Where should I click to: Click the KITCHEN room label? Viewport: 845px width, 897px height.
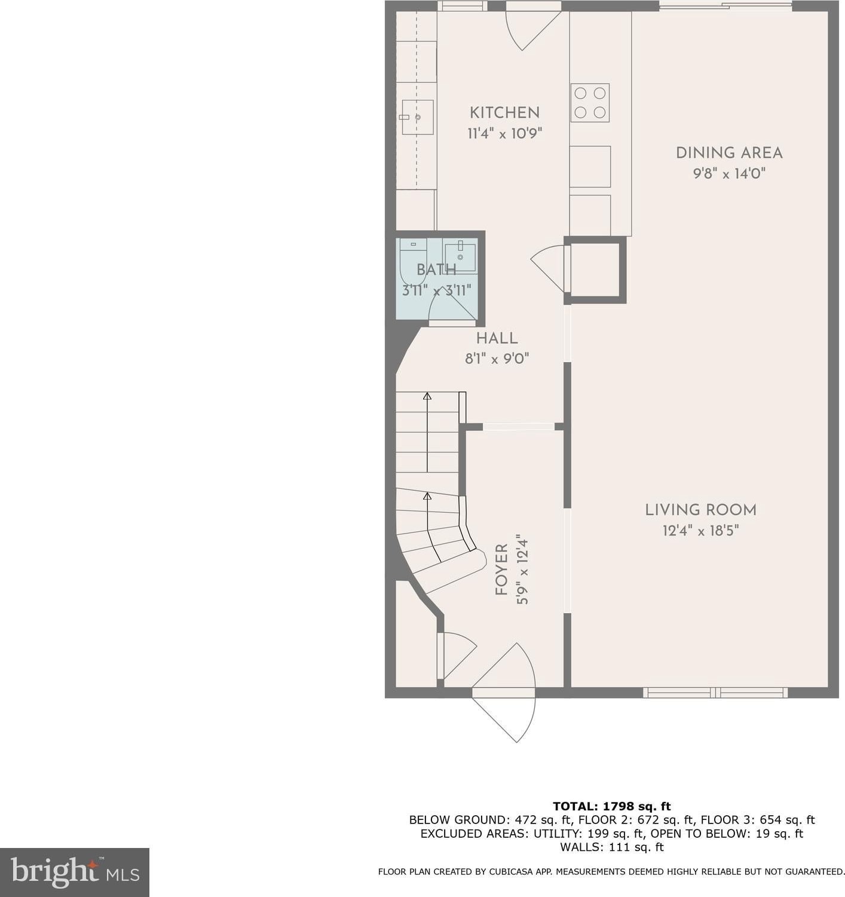(504, 112)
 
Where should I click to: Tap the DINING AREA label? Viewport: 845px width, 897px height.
(729, 153)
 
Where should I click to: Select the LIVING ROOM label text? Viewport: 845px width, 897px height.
(700, 510)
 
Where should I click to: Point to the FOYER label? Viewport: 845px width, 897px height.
(501, 570)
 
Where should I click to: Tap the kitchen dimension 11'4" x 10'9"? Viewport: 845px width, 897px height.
(504, 134)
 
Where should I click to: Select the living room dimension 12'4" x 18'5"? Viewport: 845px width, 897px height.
(700, 530)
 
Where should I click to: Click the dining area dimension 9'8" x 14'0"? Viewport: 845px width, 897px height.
(729, 173)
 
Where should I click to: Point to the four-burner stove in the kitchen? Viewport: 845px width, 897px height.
(590, 103)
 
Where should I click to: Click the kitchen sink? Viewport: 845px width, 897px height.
(418, 118)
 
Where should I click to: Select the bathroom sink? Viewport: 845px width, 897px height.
(460, 258)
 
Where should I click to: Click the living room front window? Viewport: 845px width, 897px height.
(715, 693)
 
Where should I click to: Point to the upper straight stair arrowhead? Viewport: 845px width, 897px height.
(427, 397)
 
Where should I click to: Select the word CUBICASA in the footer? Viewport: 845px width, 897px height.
(513, 872)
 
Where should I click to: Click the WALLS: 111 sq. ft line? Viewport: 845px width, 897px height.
(612, 847)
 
